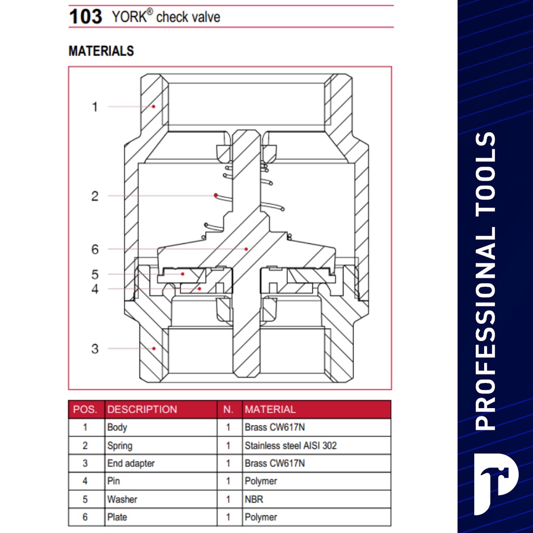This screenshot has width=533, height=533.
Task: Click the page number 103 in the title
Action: pos(85,16)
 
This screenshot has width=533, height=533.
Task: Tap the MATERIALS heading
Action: pos(101,51)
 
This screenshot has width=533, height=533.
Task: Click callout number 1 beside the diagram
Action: pos(95,107)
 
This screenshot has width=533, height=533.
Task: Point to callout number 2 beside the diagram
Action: pos(95,196)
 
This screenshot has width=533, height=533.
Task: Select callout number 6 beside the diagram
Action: pos(95,249)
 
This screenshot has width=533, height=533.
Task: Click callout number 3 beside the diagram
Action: pos(95,349)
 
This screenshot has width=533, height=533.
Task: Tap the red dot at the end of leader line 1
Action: pos(154,107)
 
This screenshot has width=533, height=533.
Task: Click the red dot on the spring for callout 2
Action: pos(216,196)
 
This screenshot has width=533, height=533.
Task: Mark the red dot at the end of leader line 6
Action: pos(246,249)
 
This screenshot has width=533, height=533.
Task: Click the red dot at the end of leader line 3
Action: pos(154,348)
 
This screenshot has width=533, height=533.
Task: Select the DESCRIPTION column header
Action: pos(142,409)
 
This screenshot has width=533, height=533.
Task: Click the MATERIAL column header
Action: pos(270,409)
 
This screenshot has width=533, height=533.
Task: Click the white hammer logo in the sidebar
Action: pos(496,484)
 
